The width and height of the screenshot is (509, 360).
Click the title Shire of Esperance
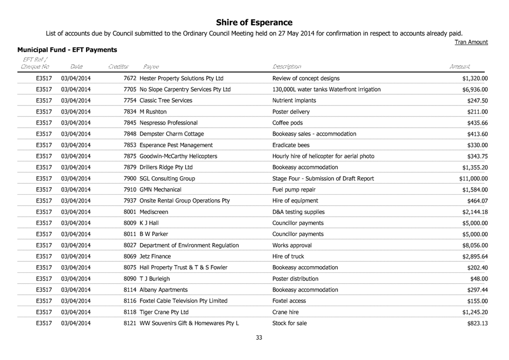click(254, 22)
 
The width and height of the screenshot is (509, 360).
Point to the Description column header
click(286, 66)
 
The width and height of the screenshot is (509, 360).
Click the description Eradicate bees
click(291, 145)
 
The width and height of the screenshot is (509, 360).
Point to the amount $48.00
click(479, 279)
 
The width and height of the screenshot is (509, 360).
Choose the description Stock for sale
click(290, 323)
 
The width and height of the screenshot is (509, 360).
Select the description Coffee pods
click(287, 122)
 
